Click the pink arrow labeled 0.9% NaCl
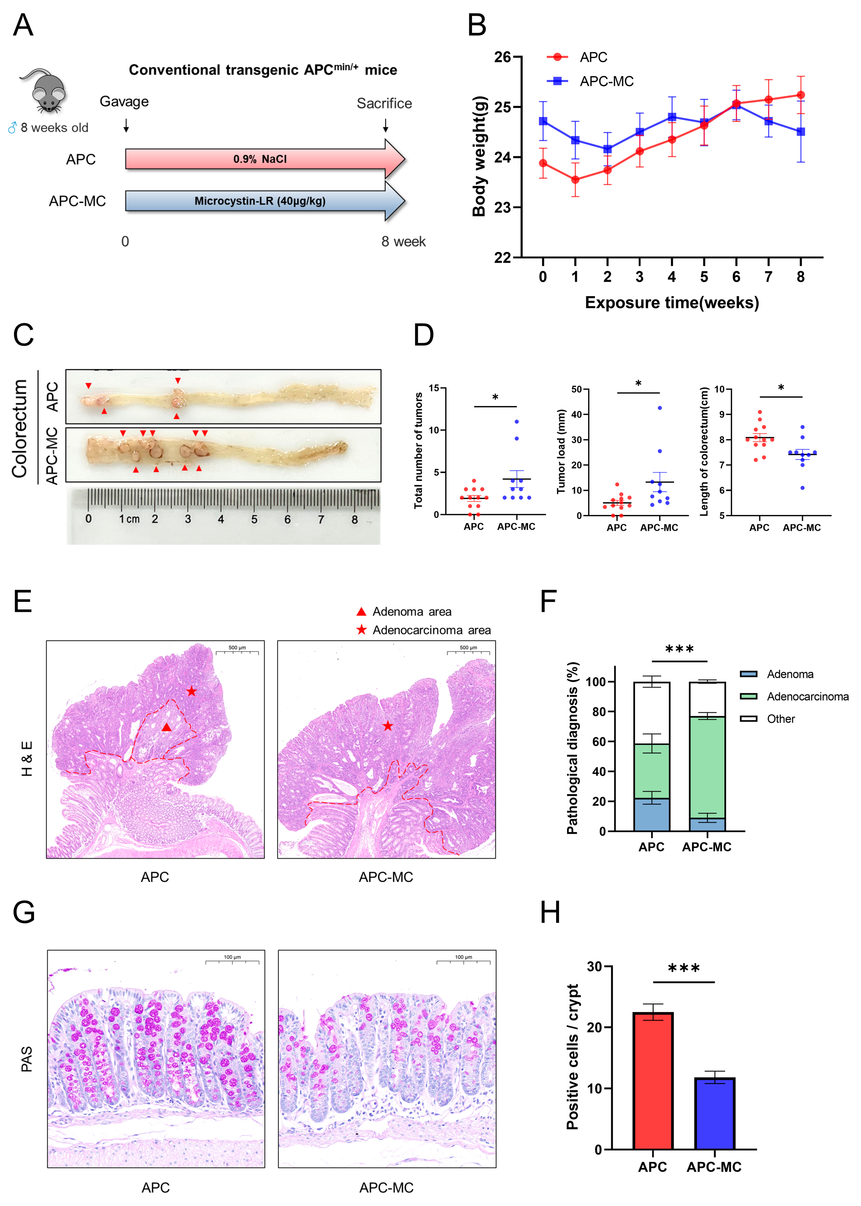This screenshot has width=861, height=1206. click(260, 159)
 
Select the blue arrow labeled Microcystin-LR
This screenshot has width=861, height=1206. click(260, 201)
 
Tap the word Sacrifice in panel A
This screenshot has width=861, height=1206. click(384, 104)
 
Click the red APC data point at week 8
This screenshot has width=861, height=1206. click(801, 95)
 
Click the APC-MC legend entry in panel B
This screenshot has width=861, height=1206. click(606, 81)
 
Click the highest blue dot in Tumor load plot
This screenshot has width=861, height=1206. click(660, 408)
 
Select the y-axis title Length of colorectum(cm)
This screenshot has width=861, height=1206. click(704, 451)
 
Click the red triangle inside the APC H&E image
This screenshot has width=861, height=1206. click(167, 727)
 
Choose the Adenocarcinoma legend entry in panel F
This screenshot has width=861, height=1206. click(807, 696)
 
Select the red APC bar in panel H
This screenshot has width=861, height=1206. click(653, 1082)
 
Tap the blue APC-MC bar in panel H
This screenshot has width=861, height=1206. click(714, 1114)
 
